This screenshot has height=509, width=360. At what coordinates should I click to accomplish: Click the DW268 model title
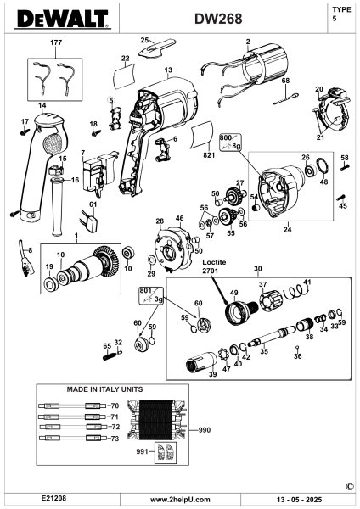click(x=218, y=19)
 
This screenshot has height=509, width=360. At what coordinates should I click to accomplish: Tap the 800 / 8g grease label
click(x=230, y=142)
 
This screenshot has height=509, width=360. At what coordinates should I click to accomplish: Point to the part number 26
click(x=305, y=158)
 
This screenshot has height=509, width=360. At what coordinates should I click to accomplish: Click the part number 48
click(x=323, y=182)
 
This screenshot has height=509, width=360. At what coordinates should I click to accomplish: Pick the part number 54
click(x=253, y=197)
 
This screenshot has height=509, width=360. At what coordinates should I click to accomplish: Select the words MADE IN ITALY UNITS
click(x=104, y=389)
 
